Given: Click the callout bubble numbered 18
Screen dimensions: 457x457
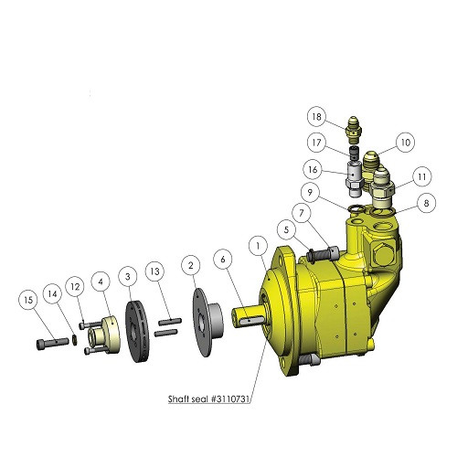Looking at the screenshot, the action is point(316,117).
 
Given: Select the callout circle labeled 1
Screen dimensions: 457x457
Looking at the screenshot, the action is point(259,246).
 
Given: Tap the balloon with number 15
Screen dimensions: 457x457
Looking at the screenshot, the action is point(28,301).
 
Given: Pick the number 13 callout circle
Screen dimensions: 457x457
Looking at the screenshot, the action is point(155,271).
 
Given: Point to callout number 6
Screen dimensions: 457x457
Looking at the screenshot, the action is point(223,260).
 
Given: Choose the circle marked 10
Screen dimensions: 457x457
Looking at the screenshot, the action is point(406,143).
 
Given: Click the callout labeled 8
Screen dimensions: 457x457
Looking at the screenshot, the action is point(426,203).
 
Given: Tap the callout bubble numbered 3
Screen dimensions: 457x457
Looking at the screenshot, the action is point(128,277).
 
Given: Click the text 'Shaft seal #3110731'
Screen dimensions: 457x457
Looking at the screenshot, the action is point(208,399).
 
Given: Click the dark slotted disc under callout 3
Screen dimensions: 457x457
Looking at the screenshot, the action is point(137,332).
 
